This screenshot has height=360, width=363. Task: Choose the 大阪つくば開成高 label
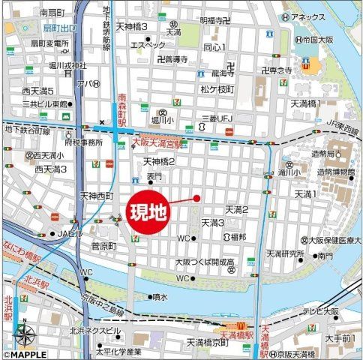pyautogui.click(x=205, y=262)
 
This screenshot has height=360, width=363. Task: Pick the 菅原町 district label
pyautogui.click(x=103, y=246)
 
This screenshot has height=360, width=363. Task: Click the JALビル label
pyautogui.click(x=70, y=233)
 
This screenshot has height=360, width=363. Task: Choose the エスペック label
pyautogui.click(x=148, y=45)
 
